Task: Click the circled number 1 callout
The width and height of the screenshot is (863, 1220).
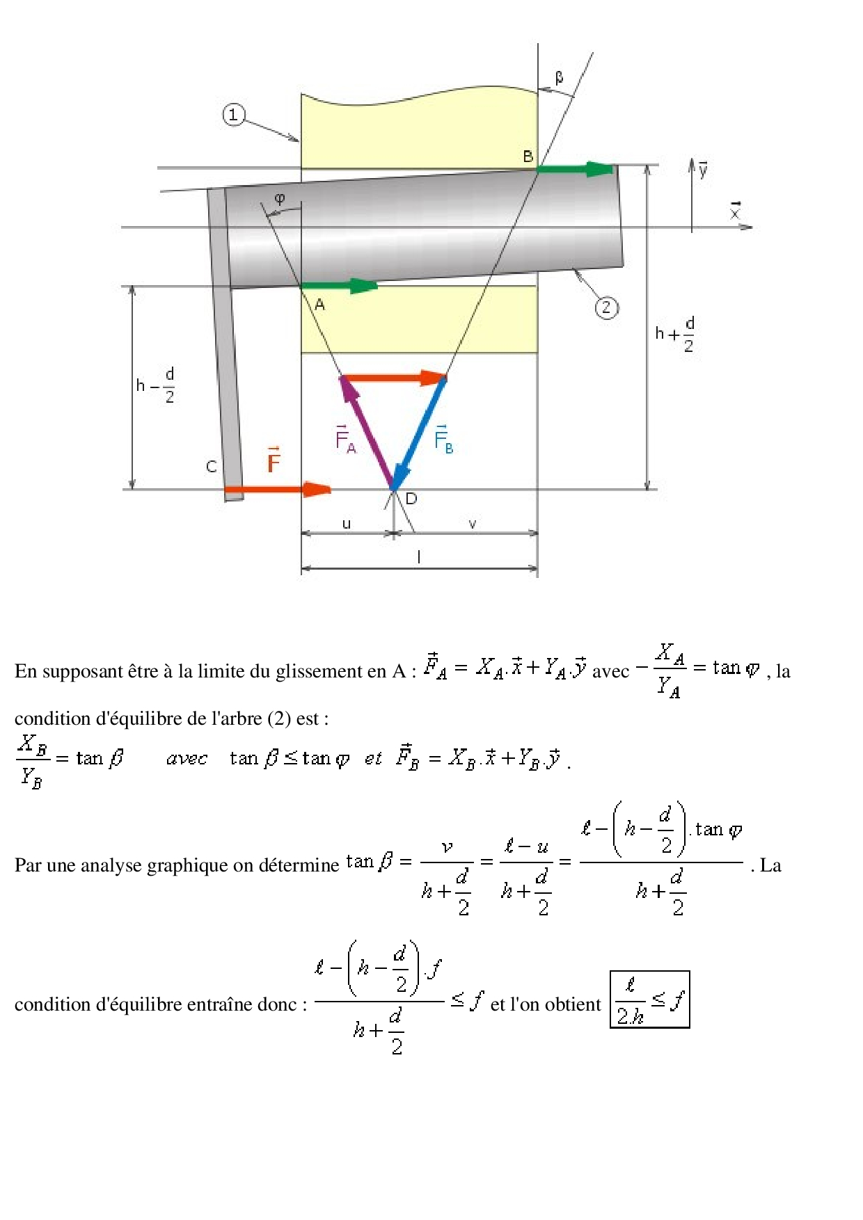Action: click(234, 115)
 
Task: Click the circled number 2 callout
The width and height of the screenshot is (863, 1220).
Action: click(606, 307)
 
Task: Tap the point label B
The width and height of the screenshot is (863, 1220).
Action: click(528, 156)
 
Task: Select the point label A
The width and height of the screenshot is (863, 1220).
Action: click(319, 304)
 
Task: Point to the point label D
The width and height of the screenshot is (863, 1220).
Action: click(411, 498)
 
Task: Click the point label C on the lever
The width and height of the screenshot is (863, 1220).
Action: click(212, 467)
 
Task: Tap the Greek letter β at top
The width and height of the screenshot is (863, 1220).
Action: click(559, 77)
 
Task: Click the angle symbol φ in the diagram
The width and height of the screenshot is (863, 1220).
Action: click(280, 199)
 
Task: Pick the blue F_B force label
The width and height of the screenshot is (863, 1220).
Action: click(443, 439)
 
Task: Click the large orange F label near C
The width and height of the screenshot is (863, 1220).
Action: click(274, 460)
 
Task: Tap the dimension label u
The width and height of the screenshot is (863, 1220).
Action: click(347, 524)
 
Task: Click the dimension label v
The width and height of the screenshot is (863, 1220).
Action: click(473, 524)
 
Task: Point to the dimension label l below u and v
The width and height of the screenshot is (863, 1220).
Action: click(418, 557)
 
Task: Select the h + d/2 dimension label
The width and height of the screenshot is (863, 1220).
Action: click(675, 335)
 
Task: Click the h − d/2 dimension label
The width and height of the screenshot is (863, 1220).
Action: click(155, 385)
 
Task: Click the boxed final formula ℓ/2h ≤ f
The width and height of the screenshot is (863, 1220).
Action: click(649, 999)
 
